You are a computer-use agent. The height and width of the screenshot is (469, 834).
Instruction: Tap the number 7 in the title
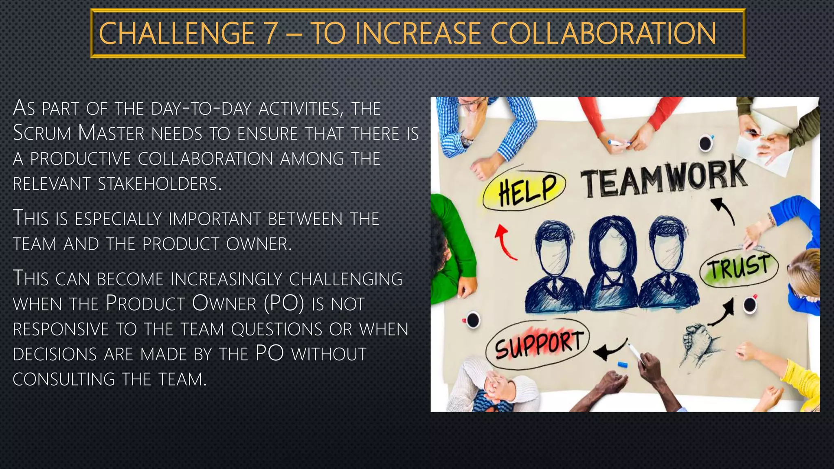coord(270,33)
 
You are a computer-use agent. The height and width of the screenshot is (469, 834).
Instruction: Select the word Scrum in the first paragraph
coord(42,133)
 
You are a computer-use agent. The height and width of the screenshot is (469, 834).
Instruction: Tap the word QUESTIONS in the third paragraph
coord(277,329)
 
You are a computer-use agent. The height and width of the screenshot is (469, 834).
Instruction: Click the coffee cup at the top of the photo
coord(705,143)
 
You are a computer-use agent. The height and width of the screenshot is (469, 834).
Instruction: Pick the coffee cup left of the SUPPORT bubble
coord(472,319)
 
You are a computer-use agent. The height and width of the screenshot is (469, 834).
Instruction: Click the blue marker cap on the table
coord(621,364)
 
